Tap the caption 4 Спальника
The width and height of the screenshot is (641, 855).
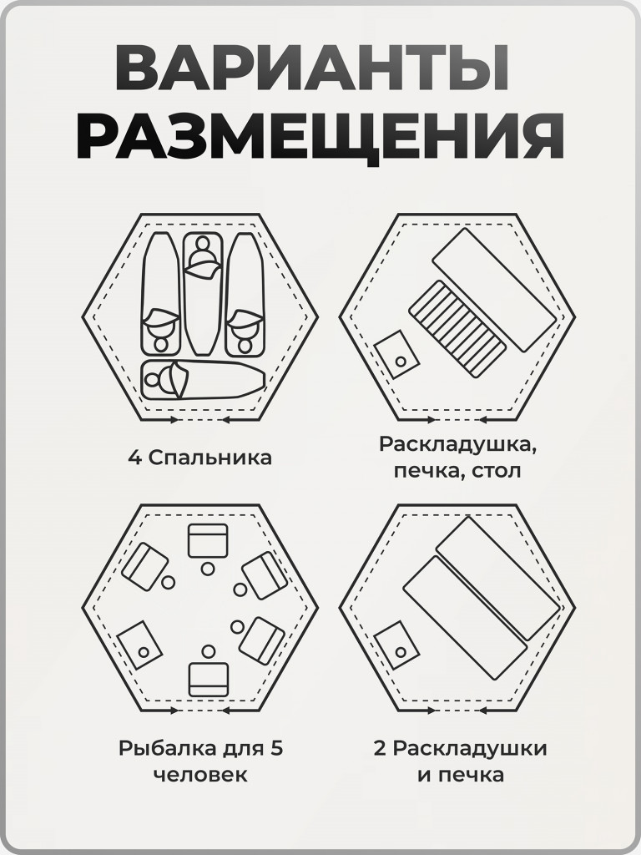pyautogui.click(x=199, y=458)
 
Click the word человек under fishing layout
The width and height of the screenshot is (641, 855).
pyautogui.click(x=200, y=775)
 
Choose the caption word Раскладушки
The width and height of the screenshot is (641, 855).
pyautogui.click(x=470, y=748)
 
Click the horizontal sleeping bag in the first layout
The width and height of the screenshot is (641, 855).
pyautogui.click(x=203, y=380)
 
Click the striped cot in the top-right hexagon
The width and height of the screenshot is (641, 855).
pyautogui.click(x=457, y=328)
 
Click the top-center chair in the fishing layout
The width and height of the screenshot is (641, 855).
pyautogui.click(x=208, y=541)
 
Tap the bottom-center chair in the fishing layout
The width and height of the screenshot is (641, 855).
pyautogui.click(x=208, y=678)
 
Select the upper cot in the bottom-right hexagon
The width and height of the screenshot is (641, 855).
pyautogui.click(x=498, y=579)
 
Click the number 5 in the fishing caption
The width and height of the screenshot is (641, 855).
pyautogui.click(x=277, y=748)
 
